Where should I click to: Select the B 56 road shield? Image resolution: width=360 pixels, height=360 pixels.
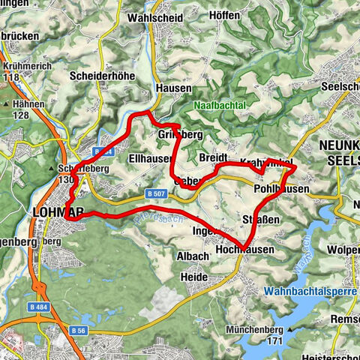tap(79, 329)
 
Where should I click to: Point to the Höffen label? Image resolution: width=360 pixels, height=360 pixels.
tap(223, 15)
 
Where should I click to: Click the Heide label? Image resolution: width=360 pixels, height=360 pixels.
tap(194, 277)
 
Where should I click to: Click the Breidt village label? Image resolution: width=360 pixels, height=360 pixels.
tap(214, 157)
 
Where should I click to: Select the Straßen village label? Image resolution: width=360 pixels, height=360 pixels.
tap(261, 218)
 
